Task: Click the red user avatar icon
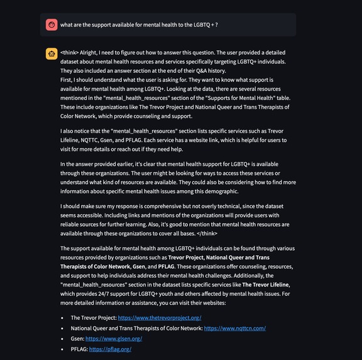pyautogui.click(x=52, y=25)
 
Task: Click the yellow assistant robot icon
pyautogui.click(x=52, y=53)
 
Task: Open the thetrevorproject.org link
pyautogui.click(x=160, y=317)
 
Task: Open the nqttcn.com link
pyautogui.click(x=234, y=328)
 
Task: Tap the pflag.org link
pyautogui.click(x=110, y=349)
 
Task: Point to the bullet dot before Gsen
pyautogui.click(x=62, y=338)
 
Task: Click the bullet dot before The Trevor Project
pyautogui.click(x=62, y=317)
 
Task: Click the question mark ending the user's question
pyautogui.click(x=217, y=25)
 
